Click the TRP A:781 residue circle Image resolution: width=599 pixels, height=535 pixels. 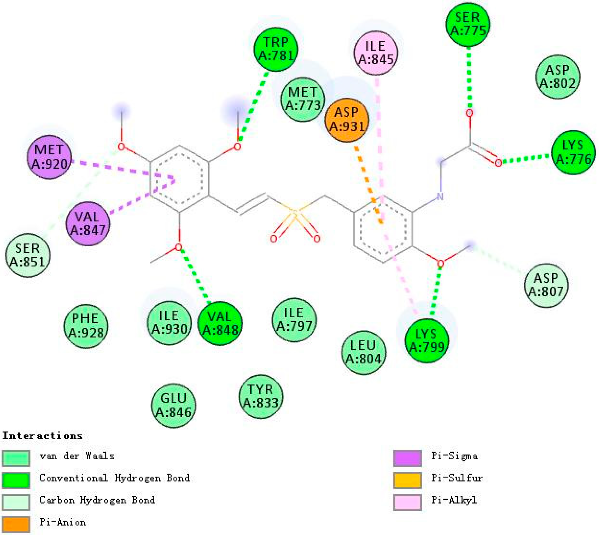[276, 49]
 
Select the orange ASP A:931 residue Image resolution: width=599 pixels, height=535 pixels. [347, 120]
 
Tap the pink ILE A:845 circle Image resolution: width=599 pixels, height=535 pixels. [375, 53]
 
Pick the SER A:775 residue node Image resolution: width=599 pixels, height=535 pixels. [468, 24]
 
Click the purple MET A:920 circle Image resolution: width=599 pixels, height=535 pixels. [49, 157]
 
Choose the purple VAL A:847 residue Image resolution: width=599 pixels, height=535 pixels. [87, 223]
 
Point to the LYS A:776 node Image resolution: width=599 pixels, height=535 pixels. [573, 153]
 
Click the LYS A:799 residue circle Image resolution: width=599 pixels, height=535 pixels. [427, 340]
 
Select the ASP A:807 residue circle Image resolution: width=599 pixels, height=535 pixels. [546, 285]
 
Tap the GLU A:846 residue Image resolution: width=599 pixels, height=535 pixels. [173, 405]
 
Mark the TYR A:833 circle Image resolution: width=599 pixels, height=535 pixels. [261, 397]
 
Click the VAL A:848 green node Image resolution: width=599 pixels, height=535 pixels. [220, 323]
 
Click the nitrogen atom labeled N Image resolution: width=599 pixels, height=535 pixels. [440, 196]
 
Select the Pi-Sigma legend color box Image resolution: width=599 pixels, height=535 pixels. [408, 458]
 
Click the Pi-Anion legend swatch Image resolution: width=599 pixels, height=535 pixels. [16, 524]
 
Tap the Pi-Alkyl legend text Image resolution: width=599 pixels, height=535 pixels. [454, 500]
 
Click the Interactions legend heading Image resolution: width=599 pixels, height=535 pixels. [43, 436]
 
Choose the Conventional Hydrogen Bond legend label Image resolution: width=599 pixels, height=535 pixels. [114, 478]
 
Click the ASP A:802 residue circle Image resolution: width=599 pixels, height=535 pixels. [557, 77]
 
